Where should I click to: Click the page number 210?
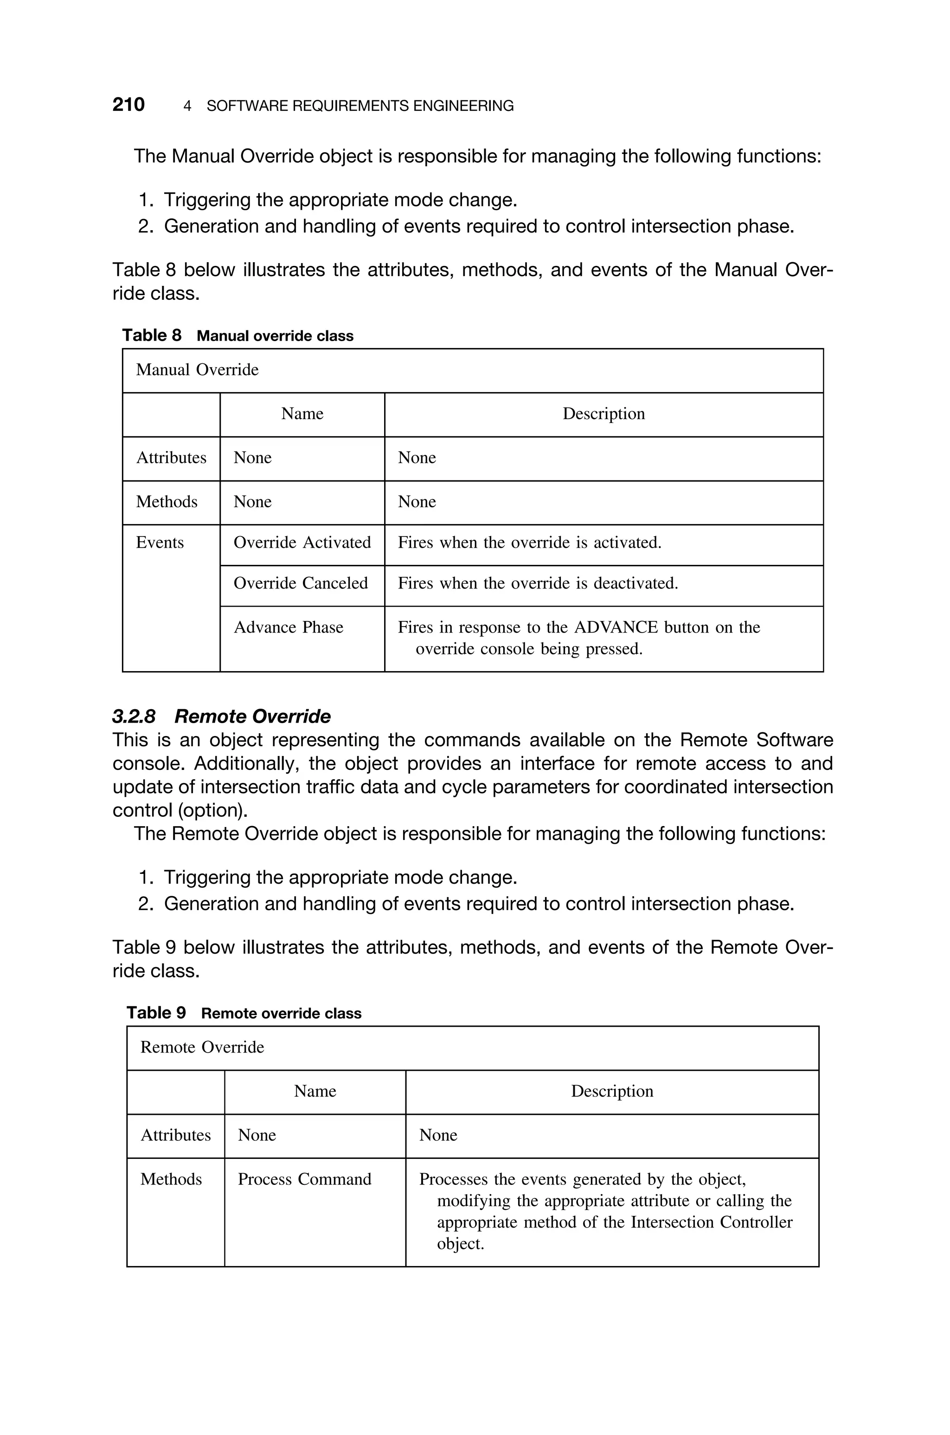(128, 105)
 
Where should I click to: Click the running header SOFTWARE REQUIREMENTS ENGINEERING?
(360, 106)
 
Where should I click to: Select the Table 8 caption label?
(152, 335)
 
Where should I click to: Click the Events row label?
(160, 543)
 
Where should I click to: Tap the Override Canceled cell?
(301, 583)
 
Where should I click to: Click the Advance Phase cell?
(289, 627)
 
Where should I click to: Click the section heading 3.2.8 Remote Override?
(222, 716)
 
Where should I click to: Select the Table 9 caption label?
(156, 1013)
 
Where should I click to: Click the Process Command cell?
(304, 1179)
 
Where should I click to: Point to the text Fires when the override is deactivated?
(538, 583)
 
